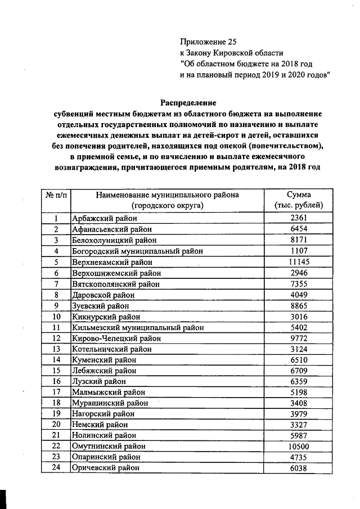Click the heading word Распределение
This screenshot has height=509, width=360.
188,102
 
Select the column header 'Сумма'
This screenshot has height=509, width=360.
295,195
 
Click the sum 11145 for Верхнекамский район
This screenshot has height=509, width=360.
295,262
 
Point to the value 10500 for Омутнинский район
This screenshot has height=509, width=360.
295,446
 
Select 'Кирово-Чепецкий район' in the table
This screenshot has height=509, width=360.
116,338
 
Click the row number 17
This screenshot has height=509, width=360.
56,392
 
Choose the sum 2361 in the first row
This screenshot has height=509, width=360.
295,218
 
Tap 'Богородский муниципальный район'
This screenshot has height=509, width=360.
137,251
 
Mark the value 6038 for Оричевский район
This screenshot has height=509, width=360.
295,467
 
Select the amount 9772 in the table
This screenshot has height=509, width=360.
295,338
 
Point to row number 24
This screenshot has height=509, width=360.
56,467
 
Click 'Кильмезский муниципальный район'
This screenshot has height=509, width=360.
137,327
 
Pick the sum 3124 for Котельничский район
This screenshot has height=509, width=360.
295,349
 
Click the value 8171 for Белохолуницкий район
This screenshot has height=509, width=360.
295,240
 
